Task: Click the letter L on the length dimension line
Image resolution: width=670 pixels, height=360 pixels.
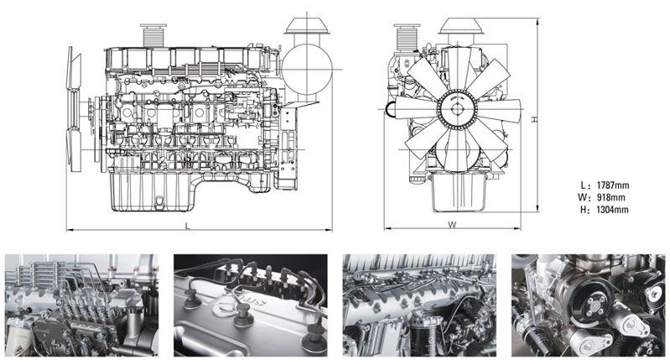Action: pos(186,225)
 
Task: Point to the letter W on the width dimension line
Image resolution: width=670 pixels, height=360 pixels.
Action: pos(450,225)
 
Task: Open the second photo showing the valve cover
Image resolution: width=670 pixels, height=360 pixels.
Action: pos(249,305)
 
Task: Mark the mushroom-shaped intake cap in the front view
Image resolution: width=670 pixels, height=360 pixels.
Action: pos(458,23)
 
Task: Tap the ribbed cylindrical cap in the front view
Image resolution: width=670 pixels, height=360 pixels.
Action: pos(407,38)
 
